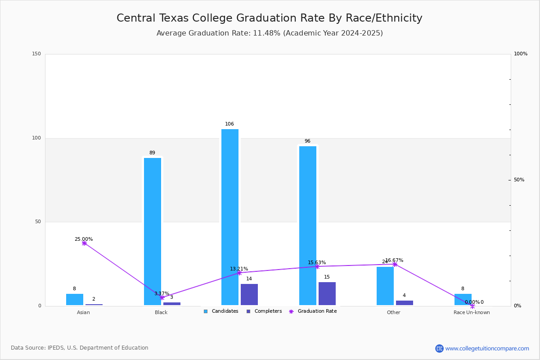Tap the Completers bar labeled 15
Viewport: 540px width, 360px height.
(327, 293)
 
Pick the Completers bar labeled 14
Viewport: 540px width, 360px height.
(249, 294)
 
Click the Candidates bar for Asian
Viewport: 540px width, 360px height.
(75, 300)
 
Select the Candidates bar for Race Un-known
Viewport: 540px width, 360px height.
(463, 300)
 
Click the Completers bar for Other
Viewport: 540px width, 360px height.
(405, 303)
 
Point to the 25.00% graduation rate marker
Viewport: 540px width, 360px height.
(84, 243)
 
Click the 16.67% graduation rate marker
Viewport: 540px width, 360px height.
(395, 264)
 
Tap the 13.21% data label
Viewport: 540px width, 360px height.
(239, 269)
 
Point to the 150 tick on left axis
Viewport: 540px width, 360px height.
(36, 54)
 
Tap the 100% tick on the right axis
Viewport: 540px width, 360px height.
(520, 54)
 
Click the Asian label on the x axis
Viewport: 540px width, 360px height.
(83, 313)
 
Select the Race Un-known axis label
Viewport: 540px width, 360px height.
(472, 313)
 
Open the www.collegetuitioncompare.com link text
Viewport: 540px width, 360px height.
(487, 348)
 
